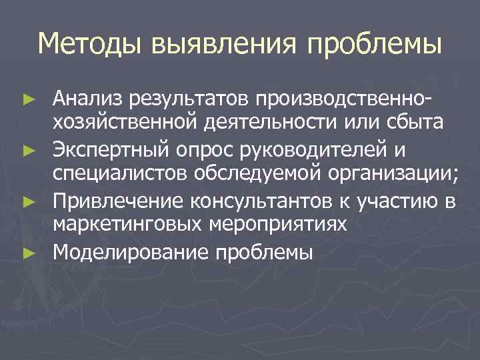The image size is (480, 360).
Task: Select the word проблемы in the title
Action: pyautogui.click(x=375, y=45)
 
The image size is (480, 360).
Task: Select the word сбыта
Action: pyautogui.click(x=415, y=123)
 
